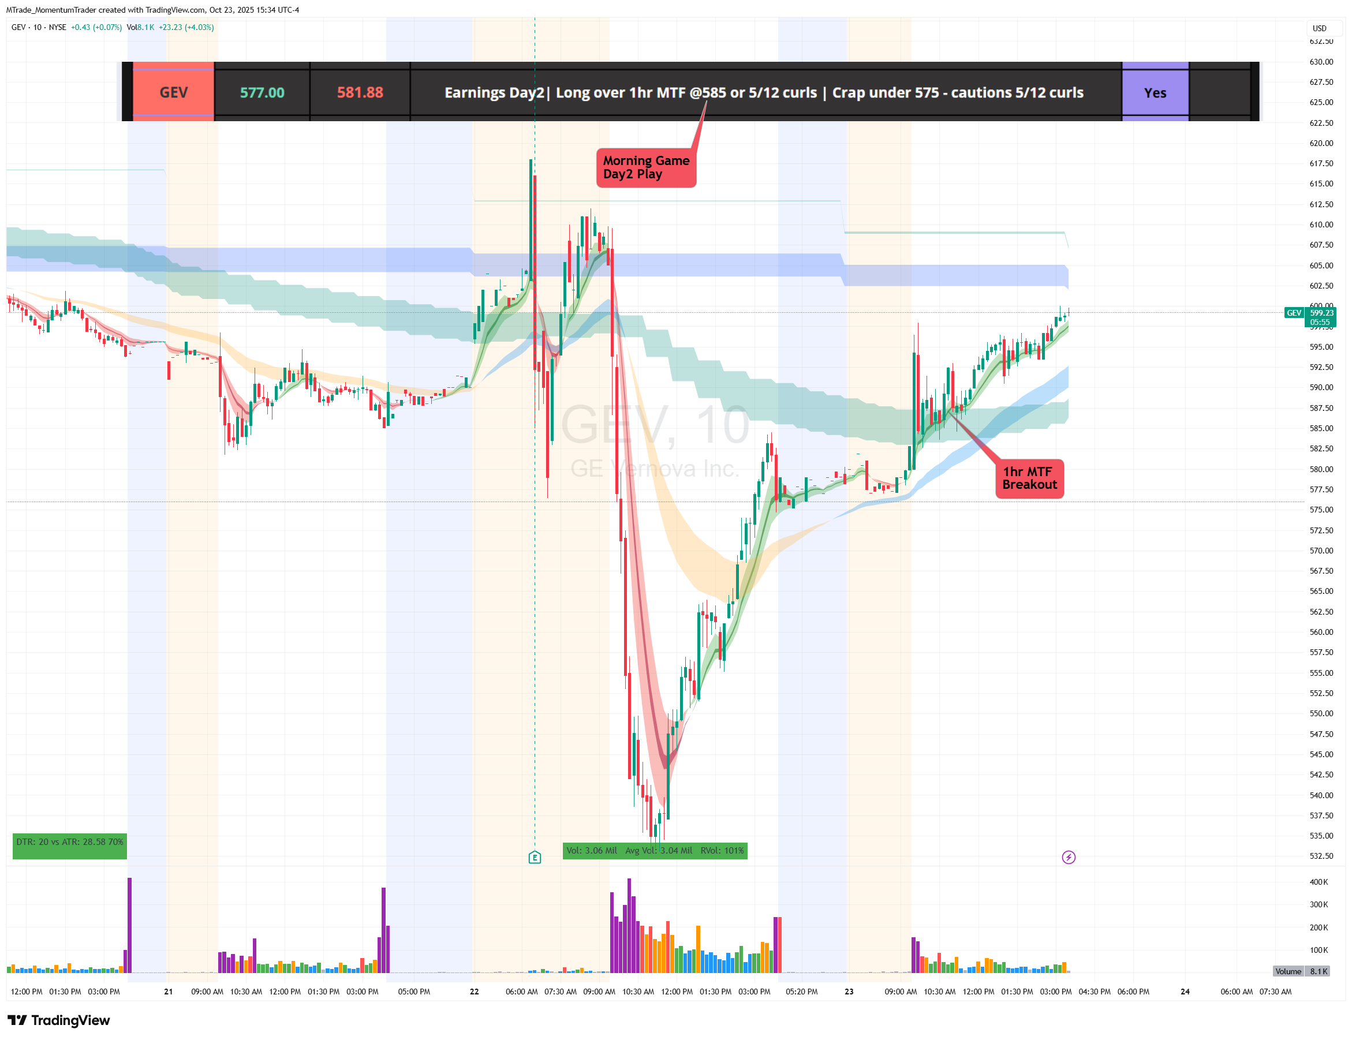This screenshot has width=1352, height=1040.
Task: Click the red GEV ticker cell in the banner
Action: pyautogui.click(x=173, y=92)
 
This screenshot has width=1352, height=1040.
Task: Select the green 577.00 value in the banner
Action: pyautogui.click(x=262, y=92)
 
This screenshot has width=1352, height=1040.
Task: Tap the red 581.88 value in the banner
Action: pyautogui.click(x=360, y=92)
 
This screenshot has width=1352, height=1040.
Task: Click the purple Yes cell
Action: pyautogui.click(x=1155, y=93)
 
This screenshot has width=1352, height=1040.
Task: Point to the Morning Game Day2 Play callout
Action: pyautogui.click(x=645, y=167)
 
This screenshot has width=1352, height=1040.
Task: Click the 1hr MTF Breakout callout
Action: pyautogui.click(x=1029, y=478)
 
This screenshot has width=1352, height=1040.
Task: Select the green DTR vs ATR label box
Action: pyautogui.click(x=69, y=845)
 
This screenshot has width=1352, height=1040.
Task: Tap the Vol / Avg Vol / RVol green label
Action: pyautogui.click(x=654, y=851)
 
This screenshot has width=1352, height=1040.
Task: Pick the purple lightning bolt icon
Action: pyautogui.click(x=1069, y=858)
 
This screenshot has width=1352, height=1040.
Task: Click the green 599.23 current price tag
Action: pyautogui.click(x=1320, y=316)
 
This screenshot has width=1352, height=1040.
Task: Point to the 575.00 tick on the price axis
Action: pyautogui.click(x=1321, y=510)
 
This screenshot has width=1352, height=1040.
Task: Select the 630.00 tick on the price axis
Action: pyautogui.click(x=1321, y=62)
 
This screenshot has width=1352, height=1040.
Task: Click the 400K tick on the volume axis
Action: pyautogui.click(x=1319, y=881)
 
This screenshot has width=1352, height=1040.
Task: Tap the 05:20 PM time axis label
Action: pyautogui.click(x=801, y=992)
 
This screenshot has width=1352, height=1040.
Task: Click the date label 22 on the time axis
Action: pyautogui.click(x=474, y=992)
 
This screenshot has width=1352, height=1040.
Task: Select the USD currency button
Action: pyautogui.click(x=1319, y=28)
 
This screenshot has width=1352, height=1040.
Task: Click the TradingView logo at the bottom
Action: pyautogui.click(x=59, y=1020)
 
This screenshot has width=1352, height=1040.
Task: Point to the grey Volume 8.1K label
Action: pyautogui.click(x=1301, y=971)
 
